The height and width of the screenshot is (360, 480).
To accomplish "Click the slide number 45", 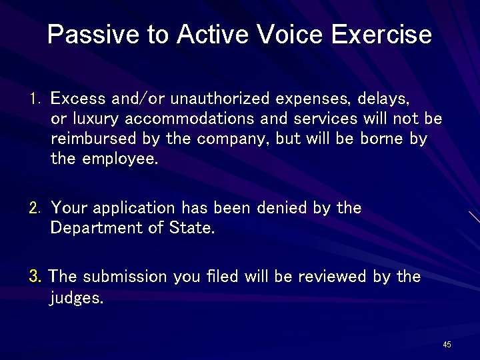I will tap(447, 345).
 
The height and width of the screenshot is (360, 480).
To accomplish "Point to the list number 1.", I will tap(35, 99).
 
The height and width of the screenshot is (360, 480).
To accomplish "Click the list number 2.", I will tap(35, 208).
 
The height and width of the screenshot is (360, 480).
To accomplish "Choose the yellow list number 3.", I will tap(36, 276).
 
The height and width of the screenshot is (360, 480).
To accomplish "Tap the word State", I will tap(193, 228).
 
